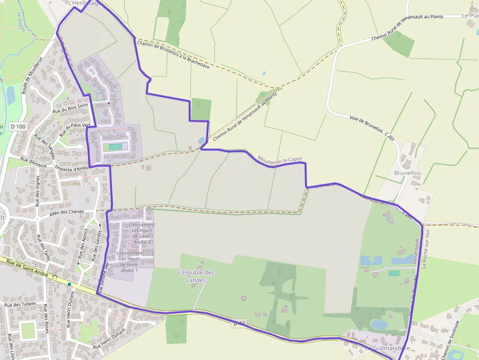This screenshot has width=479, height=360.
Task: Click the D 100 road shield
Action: pyautogui.click(x=18, y=127)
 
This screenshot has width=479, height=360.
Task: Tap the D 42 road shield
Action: pyautogui.click(x=239, y=323)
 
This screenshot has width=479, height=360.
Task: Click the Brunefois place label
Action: pyautogui.click(x=407, y=173)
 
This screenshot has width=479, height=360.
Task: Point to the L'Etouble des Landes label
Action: pyautogui.click(x=196, y=276)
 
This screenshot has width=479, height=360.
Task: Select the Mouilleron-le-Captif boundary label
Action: pyautogui.click(x=280, y=159)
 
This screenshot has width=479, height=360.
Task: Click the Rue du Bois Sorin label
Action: pyautogui.click(x=70, y=109)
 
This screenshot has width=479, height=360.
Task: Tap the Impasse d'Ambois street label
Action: pyautogui.click(x=73, y=168)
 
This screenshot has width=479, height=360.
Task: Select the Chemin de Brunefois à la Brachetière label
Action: pyautogui.click(x=173, y=54)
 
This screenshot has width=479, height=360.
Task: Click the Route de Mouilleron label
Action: pyautogui.click(x=32, y=75)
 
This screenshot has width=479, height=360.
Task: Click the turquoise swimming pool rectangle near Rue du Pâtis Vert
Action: pyautogui.click(x=115, y=147)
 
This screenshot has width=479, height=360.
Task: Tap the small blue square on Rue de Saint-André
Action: pyautogui.click(x=70, y=284)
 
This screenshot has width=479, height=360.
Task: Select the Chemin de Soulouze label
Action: pyautogui.click(x=452, y=340)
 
